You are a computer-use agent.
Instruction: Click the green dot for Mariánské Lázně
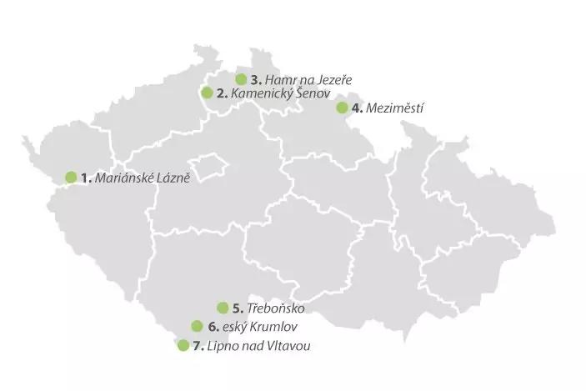tap(71, 177)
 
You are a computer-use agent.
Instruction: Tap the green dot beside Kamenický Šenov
tap(207, 93)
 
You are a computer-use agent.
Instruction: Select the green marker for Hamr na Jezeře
tap(241, 79)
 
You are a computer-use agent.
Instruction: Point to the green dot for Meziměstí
tap(342, 107)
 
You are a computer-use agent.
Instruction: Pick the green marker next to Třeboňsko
tap(223, 308)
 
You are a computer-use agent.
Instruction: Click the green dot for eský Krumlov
tap(197, 326)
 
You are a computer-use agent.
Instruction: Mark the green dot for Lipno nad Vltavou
tap(183, 345)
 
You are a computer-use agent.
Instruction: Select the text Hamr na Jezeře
tap(308, 80)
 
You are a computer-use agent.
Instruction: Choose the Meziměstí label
tap(395, 108)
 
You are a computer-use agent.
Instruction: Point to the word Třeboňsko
tap(277, 308)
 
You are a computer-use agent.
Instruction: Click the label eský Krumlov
tap(261, 327)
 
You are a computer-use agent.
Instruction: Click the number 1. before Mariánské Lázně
tap(86, 178)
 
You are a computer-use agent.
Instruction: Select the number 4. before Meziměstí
tap(357, 108)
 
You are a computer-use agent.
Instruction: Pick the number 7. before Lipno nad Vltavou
tap(198, 346)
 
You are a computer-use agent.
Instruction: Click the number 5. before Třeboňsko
tap(238, 308)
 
